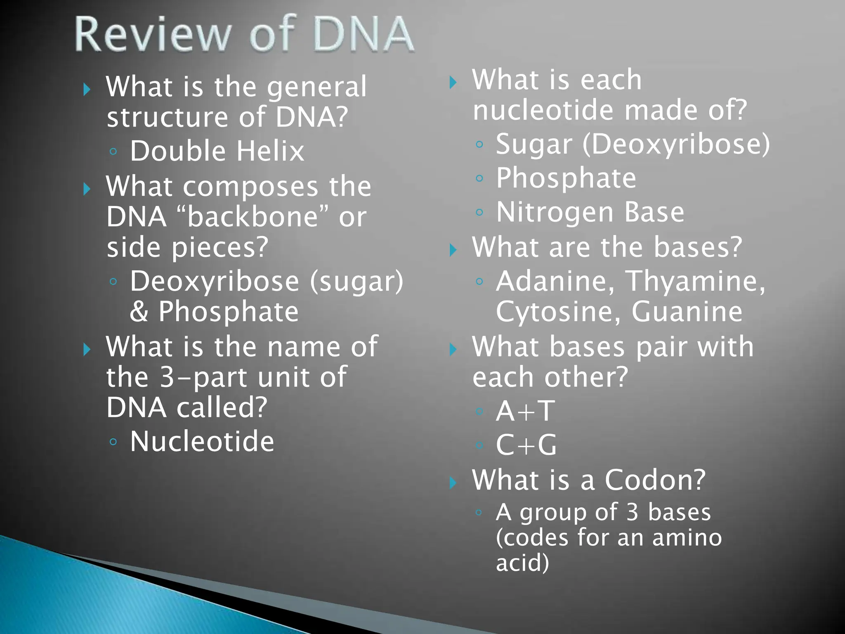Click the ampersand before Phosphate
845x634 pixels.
click(x=139, y=312)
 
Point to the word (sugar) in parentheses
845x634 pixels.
click(x=356, y=282)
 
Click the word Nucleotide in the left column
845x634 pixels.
click(x=202, y=442)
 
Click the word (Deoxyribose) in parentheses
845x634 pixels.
click(x=676, y=144)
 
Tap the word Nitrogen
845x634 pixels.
click(x=555, y=212)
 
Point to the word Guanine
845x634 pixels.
click(x=687, y=312)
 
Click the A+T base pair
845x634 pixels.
click(x=525, y=411)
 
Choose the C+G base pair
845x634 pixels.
click(x=526, y=445)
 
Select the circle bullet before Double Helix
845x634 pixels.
click(x=113, y=151)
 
